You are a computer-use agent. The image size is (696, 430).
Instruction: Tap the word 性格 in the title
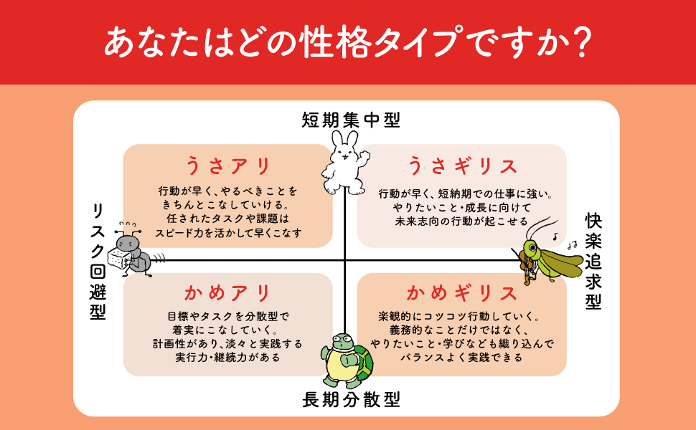coord(343,42)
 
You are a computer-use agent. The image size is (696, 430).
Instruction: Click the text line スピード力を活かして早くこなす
coord(228,233)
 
